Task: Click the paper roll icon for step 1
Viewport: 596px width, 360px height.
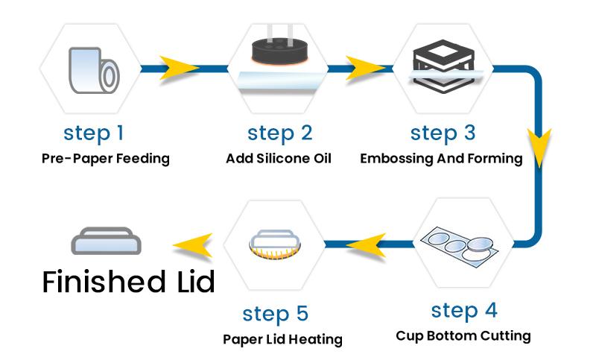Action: [x=94, y=71]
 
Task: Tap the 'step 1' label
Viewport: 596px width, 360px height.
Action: [x=94, y=133]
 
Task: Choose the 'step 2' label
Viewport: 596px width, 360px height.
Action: [x=280, y=133]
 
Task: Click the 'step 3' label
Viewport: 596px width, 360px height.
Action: [x=443, y=133]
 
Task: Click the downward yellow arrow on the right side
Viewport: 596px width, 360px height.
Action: [x=539, y=143]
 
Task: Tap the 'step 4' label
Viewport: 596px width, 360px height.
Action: [x=464, y=309]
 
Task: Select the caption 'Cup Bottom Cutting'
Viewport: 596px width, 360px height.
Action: [x=463, y=335]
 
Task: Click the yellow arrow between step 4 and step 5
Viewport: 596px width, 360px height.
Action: [x=365, y=244]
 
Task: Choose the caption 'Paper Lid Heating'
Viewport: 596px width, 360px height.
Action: [x=282, y=339]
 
